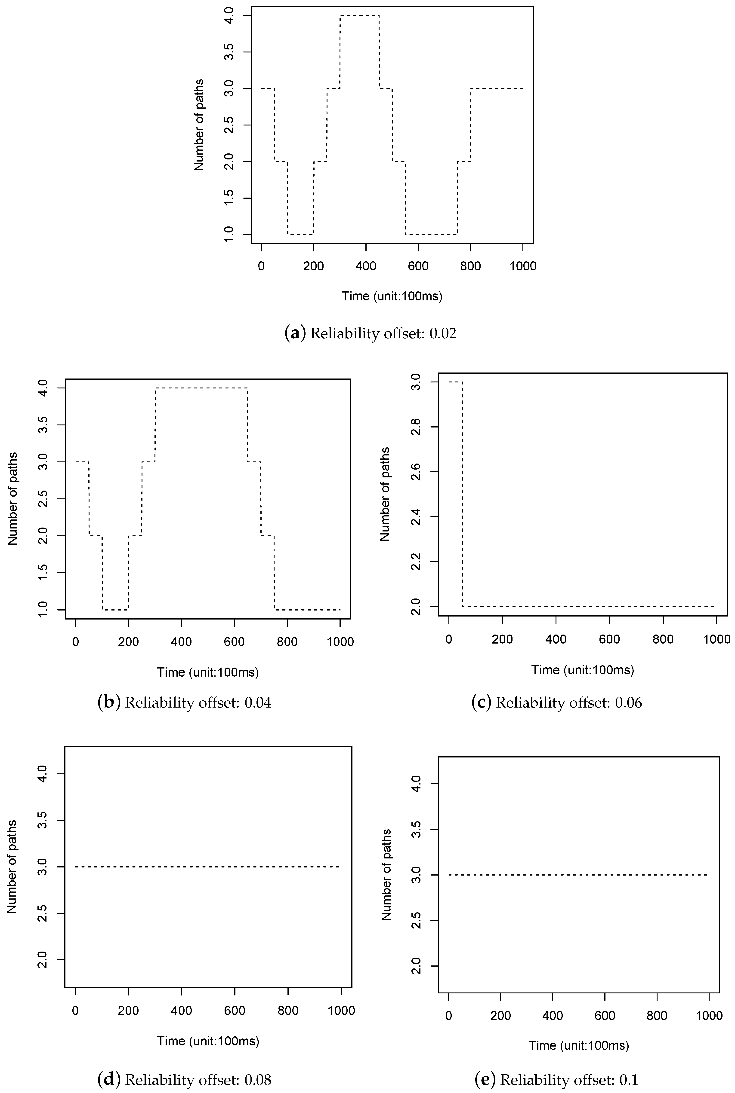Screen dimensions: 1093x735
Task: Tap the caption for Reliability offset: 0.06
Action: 556,702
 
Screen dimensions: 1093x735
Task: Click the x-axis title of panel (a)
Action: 392,296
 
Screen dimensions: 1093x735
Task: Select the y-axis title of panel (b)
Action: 13,499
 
